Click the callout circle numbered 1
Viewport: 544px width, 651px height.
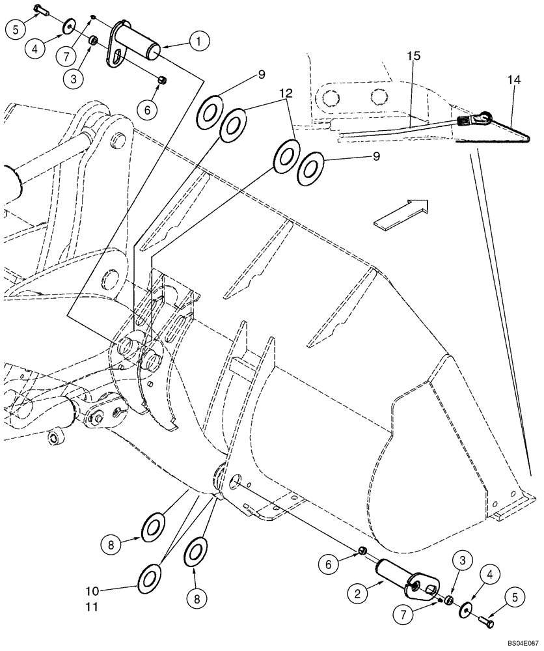[x=199, y=42]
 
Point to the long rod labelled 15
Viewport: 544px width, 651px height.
[x=397, y=129]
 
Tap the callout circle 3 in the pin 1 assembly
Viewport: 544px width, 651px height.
[x=73, y=78]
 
